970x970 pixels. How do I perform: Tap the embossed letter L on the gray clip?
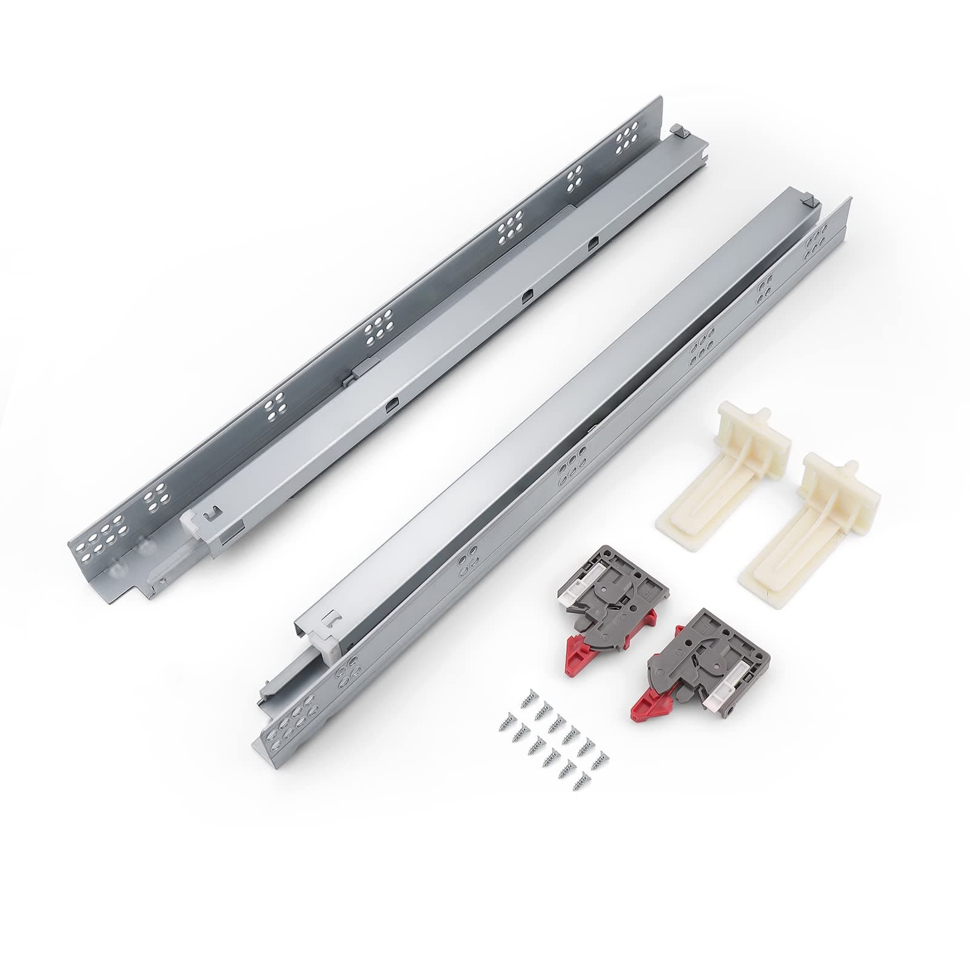click(705, 629)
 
